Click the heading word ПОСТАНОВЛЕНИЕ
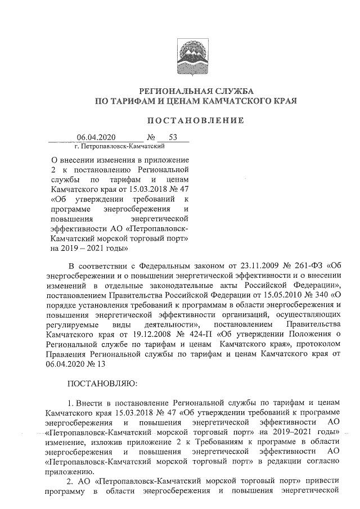click(x=195, y=120)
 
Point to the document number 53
click(x=173, y=137)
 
